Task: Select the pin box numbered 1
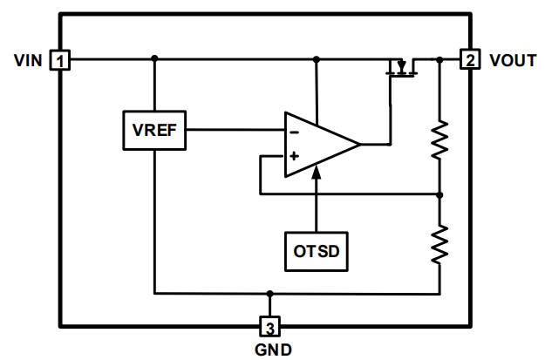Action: coord(60,60)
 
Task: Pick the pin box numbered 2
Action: coord(470,60)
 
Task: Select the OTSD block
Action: coord(316,251)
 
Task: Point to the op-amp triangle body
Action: coord(318,143)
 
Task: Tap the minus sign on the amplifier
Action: coord(294,131)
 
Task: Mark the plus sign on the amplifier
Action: coord(294,156)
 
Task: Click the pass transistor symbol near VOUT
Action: coord(401,67)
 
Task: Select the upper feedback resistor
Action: coord(439,139)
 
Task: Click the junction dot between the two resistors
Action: coord(439,194)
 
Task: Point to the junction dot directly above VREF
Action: coord(154,59)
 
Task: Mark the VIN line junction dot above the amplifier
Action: coord(317,59)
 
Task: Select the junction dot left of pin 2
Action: coord(439,59)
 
